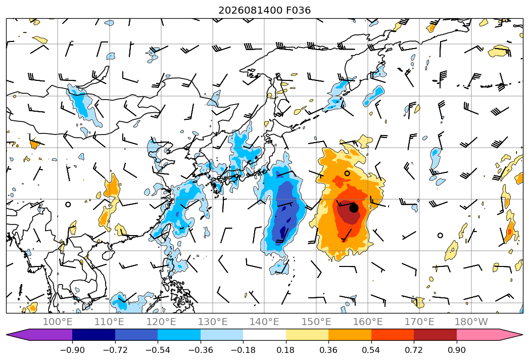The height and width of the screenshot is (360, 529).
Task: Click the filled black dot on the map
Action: [x=354, y=208]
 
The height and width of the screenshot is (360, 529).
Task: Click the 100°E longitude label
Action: [x=58, y=322]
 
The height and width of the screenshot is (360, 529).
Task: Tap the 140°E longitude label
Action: [x=264, y=322]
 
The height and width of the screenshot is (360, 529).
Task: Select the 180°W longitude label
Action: [x=471, y=322]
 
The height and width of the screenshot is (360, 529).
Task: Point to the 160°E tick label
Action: [x=368, y=322]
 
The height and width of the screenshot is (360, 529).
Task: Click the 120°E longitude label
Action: [x=161, y=322]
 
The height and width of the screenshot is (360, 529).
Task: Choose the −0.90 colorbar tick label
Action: [x=72, y=350]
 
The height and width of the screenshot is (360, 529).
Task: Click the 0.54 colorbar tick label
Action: [x=371, y=350]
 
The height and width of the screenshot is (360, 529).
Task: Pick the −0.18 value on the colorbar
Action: [x=243, y=350]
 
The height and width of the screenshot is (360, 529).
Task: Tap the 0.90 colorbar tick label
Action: [x=456, y=350]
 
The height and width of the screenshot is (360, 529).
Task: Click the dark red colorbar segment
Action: [x=435, y=335]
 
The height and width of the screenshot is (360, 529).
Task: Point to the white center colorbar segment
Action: [x=265, y=335]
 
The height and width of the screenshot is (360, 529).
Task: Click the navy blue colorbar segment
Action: [x=94, y=335]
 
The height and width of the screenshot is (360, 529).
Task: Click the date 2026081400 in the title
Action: [x=250, y=11]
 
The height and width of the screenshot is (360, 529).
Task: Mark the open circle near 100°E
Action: [x=68, y=204]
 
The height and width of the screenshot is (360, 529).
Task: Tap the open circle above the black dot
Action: [x=347, y=173]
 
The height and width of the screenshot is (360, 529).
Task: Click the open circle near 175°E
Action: [x=440, y=236]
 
